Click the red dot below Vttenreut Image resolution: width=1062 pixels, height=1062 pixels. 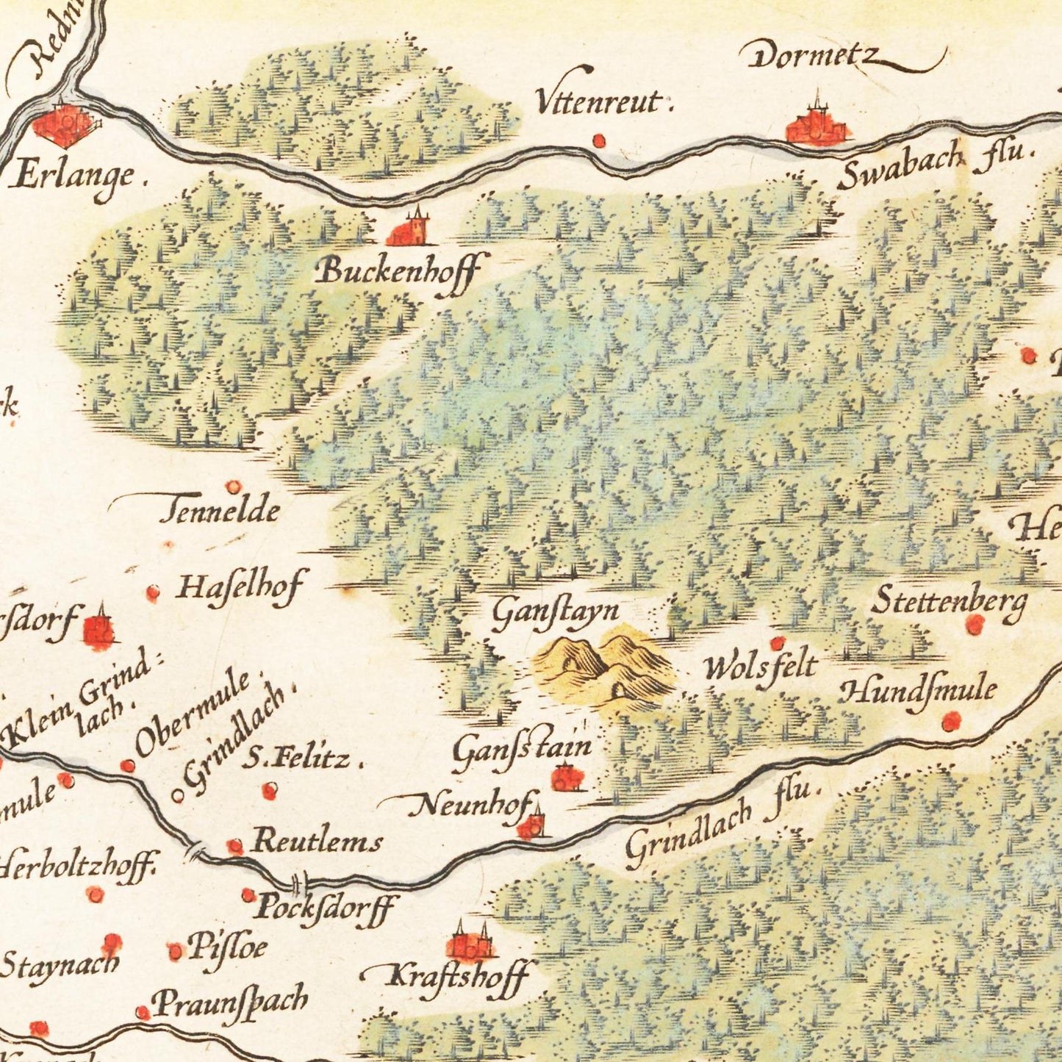pyautogui.click(x=599, y=140)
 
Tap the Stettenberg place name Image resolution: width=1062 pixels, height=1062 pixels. pyautogui.click(x=948, y=602)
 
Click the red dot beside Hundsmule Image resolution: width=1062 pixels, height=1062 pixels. pyautogui.click(x=951, y=722)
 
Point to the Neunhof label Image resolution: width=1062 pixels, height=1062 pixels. pyautogui.click(x=470, y=807)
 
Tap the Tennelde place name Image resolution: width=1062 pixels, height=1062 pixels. pyautogui.click(x=220, y=509)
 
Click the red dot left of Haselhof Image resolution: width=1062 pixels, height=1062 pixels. pyautogui.click(x=153, y=592)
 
